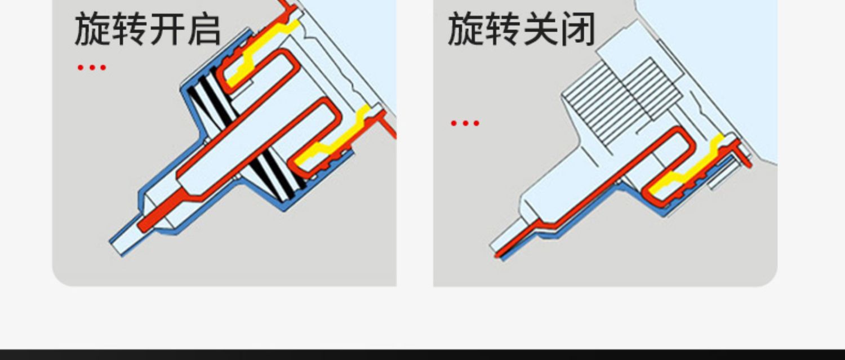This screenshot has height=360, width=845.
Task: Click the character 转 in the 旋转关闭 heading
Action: coord(502,30)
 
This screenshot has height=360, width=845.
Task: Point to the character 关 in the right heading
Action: coord(540,30)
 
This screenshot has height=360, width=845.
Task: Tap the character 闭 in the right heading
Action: coord(577,30)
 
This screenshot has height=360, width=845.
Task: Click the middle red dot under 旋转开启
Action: coord(91,68)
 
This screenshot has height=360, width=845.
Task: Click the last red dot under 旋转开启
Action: coord(103,68)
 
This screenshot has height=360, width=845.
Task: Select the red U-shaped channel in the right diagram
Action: coord(670,163)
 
